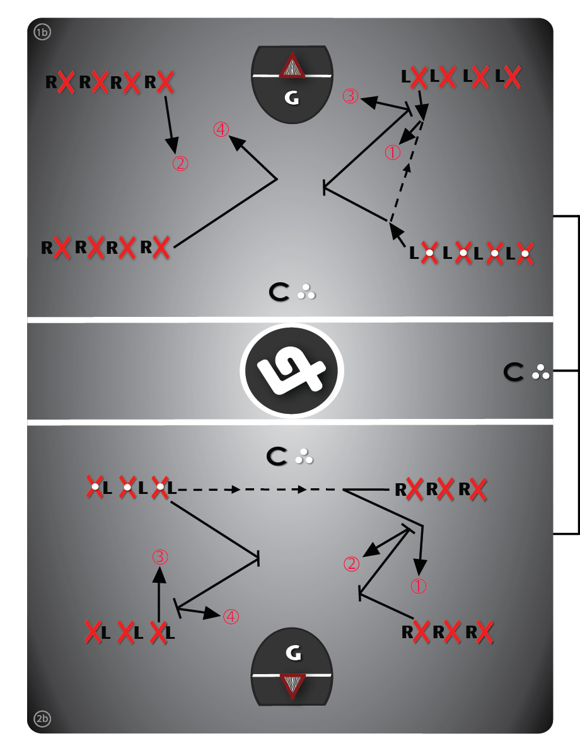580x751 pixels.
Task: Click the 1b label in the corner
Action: [x=42, y=33]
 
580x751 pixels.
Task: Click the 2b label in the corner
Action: [x=42, y=718]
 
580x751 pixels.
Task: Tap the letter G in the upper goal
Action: [x=291, y=98]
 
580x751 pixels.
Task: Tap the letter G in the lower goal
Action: [x=292, y=654]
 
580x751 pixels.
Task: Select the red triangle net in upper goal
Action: [x=292, y=66]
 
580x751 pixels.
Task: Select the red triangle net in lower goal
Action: [x=292, y=685]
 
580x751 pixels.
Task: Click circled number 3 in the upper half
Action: [x=351, y=96]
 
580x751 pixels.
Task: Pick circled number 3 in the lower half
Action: [x=159, y=556]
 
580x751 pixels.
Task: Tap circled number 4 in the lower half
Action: [x=231, y=616]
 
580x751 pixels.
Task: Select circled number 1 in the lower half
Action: [x=419, y=586]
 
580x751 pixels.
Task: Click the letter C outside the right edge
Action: [x=514, y=372]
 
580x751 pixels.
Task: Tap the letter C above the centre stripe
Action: [x=280, y=292]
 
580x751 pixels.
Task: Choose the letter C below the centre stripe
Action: [x=279, y=456]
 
